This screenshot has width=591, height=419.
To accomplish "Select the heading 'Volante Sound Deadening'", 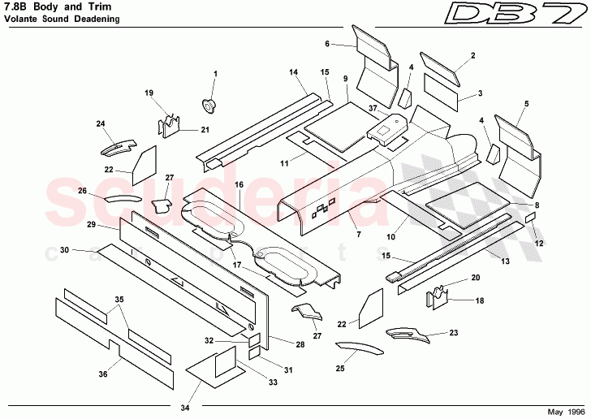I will pyautogui.click(x=54, y=19).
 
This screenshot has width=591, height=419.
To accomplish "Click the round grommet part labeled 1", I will pyautogui.click(x=209, y=104).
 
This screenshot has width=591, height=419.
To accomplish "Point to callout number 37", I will pyautogui.click(x=373, y=107).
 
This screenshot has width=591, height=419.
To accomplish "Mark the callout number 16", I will pyautogui.click(x=239, y=185).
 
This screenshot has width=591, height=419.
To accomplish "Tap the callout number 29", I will pyautogui.click(x=92, y=224).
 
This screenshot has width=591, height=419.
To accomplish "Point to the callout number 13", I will pyautogui.click(x=505, y=261).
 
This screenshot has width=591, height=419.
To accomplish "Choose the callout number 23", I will pyautogui.click(x=453, y=333).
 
